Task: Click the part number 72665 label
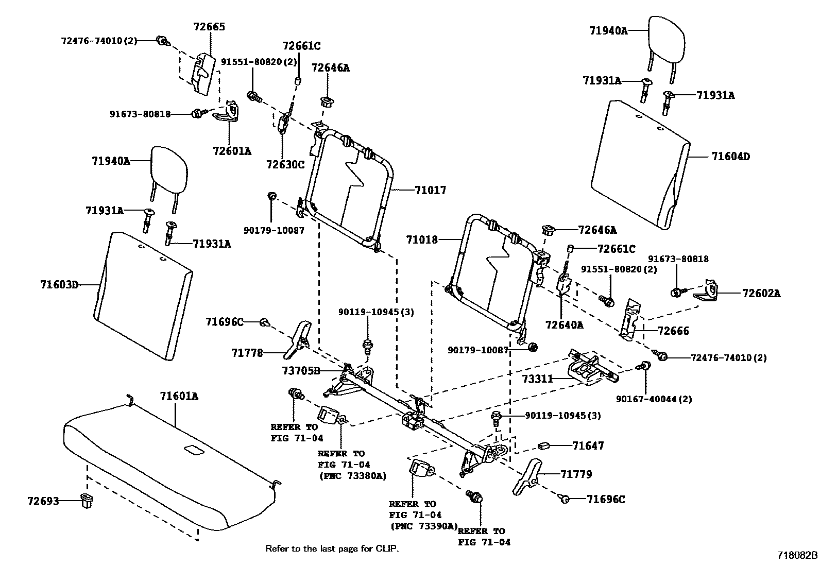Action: [x=209, y=27]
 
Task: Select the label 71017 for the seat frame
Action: [x=430, y=190]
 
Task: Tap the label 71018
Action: [x=421, y=239]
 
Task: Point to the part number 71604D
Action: [x=730, y=157]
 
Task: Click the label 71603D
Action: [x=59, y=284]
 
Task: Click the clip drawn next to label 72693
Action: [x=87, y=500]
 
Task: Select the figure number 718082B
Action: [x=797, y=556]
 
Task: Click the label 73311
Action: [x=537, y=379]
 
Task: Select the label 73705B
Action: [x=301, y=371]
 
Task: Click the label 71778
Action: [x=247, y=353]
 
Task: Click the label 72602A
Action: [x=761, y=294]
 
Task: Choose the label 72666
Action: [x=673, y=331]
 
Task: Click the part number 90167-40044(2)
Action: [x=654, y=399]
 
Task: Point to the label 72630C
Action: [x=285, y=164]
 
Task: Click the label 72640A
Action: [x=565, y=325]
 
